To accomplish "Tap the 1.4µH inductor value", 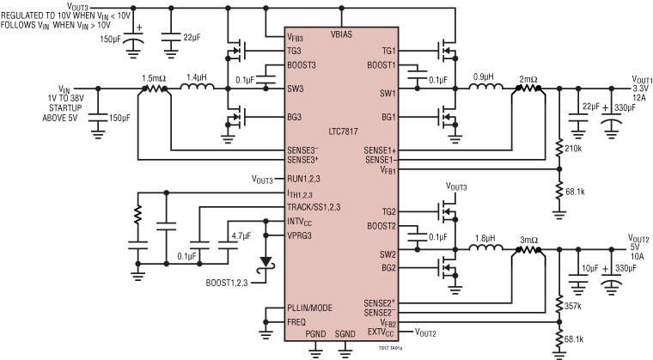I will click(x=198, y=76).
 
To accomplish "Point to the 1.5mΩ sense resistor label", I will click(x=156, y=76).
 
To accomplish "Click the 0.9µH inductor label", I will click(x=480, y=76).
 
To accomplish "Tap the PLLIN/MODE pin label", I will click(x=310, y=308).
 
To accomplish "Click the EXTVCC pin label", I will click(x=380, y=333).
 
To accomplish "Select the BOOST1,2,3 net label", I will click(x=230, y=282).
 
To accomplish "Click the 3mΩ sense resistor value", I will click(x=527, y=238).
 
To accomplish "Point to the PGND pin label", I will click(x=315, y=333).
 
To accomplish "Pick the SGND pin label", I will click(x=345, y=333).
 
